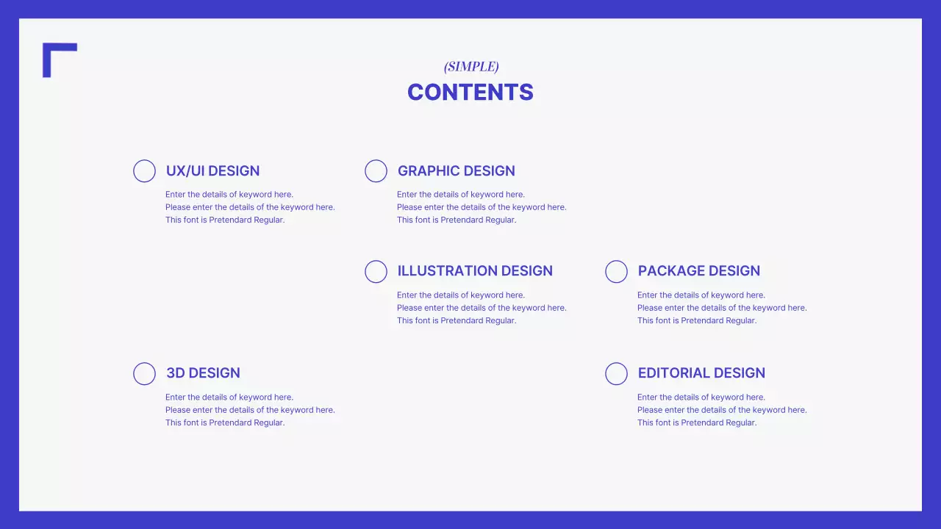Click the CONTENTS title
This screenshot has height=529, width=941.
click(470, 93)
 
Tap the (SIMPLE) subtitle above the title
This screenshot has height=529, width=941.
click(471, 67)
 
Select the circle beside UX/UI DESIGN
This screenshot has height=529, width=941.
click(144, 171)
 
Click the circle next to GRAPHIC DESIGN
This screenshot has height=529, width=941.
click(376, 171)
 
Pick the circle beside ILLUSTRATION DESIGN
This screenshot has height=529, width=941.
click(376, 272)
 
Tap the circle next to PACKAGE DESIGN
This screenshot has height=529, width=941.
click(616, 272)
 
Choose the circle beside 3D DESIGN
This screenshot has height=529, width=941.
click(144, 373)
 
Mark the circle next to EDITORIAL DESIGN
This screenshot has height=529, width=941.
click(616, 373)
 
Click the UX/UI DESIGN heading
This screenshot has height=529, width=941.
click(212, 171)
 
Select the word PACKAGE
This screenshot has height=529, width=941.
click(667, 271)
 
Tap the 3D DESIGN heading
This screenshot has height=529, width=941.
click(203, 373)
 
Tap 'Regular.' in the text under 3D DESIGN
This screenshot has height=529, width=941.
click(269, 422)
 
